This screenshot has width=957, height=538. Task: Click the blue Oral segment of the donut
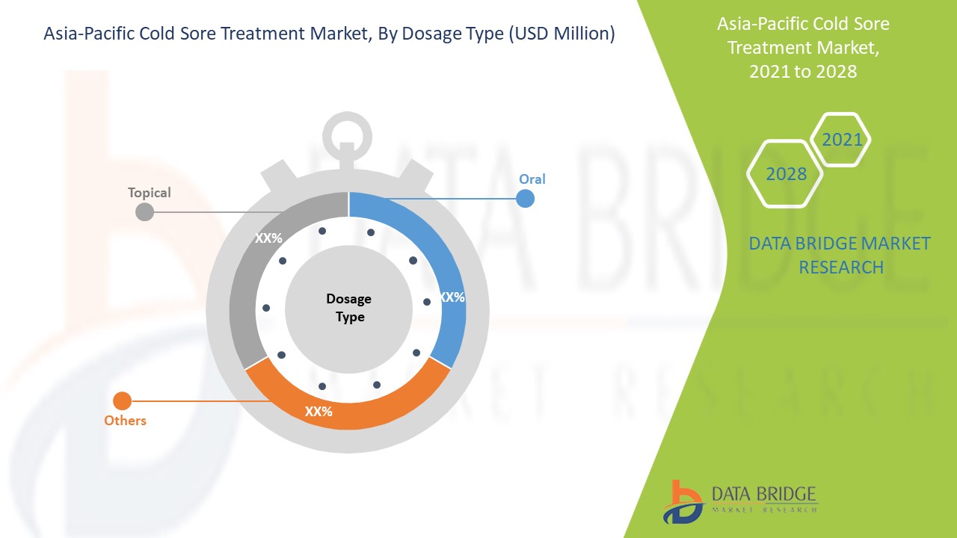(x=449, y=265)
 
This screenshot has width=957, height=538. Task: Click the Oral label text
(x=532, y=179)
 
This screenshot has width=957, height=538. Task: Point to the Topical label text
(x=149, y=193)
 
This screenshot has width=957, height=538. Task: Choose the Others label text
(x=125, y=421)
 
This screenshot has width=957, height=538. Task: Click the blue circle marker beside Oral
(x=525, y=199)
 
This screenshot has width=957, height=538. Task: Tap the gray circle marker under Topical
(x=144, y=211)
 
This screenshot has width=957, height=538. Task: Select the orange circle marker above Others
(x=122, y=401)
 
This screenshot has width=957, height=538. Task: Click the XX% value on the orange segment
(x=319, y=412)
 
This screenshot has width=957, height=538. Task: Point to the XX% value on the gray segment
(x=268, y=238)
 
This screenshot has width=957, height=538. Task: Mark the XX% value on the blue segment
(x=452, y=297)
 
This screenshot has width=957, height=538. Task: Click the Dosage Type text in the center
(x=349, y=308)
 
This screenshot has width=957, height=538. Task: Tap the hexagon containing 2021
(x=840, y=140)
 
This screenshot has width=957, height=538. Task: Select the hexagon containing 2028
(x=785, y=174)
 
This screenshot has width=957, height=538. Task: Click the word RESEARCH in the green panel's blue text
(x=841, y=268)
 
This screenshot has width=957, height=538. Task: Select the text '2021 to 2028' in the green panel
(x=803, y=71)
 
